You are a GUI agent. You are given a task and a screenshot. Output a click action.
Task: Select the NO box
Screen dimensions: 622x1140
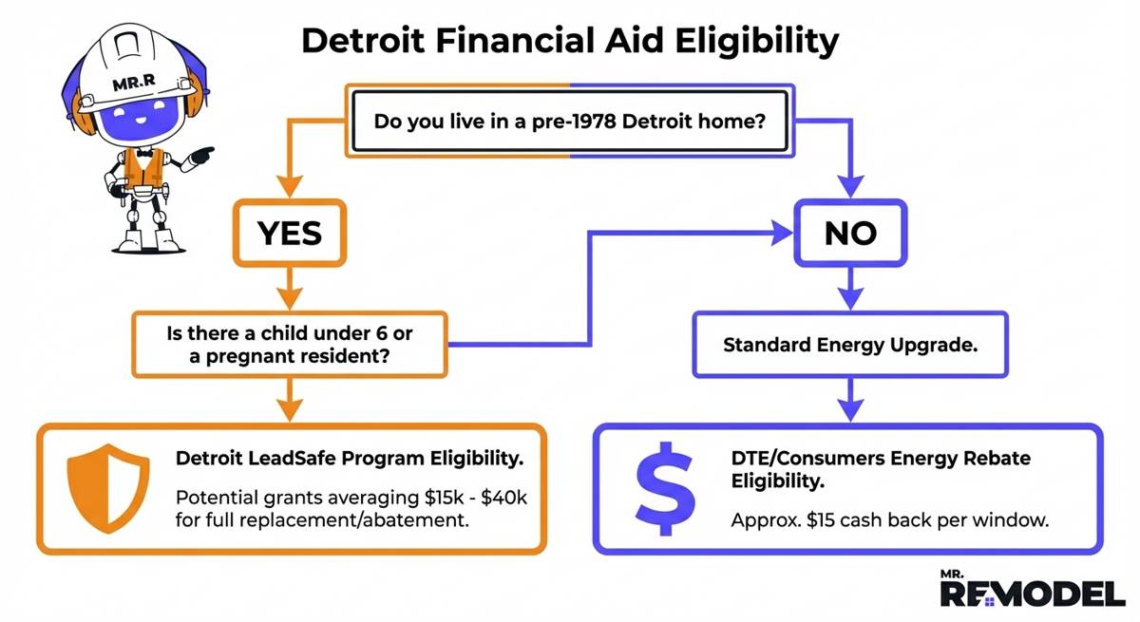(x=850, y=232)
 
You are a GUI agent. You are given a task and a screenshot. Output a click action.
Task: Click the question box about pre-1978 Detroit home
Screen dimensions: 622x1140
(x=569, y=123)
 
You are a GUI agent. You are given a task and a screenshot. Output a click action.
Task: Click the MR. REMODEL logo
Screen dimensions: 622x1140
(x=1031, y=589)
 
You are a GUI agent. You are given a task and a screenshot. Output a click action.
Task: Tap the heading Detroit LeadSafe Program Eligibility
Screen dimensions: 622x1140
(x=350, y=459)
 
